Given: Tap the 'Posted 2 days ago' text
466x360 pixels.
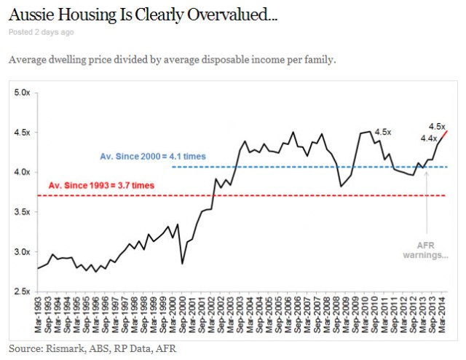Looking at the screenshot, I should click(x=41, y=32).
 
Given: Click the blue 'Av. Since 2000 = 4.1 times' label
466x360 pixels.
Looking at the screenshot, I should click(x=153, y=156).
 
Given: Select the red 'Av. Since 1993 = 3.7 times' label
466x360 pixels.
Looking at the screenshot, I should click(x=101, y=186).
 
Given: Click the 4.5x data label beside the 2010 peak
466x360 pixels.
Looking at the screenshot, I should click(x=383, y=132).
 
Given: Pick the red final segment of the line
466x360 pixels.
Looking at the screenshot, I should click(x=443, y=135).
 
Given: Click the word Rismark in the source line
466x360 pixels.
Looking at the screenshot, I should click(x=60, y=349).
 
